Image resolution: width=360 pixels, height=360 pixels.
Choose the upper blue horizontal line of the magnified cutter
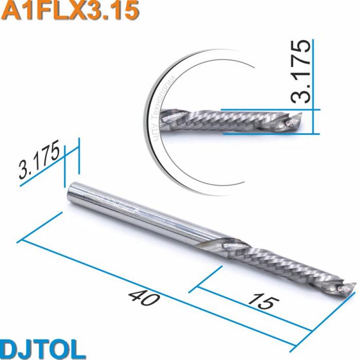267,110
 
